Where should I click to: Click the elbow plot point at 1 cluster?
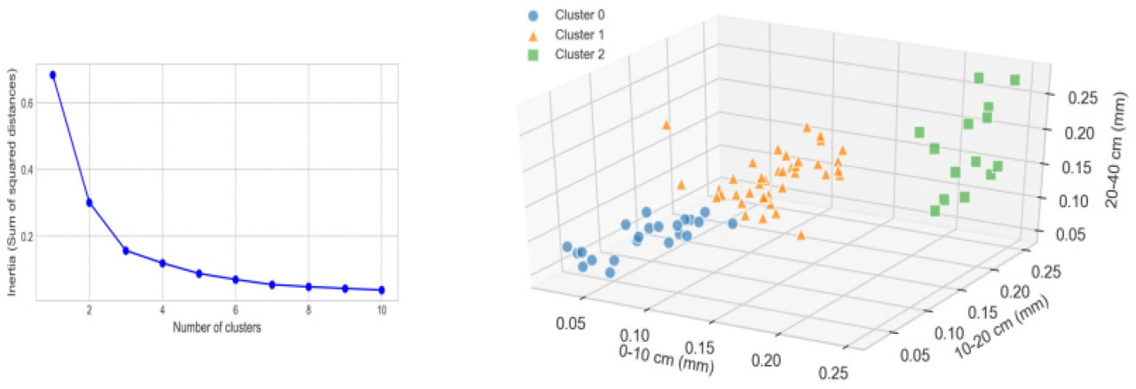pyautogui.click(x=52, y=75)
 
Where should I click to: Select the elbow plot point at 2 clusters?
pyautogui.click(x=89, y=202)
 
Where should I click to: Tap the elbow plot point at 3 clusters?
pyautogui.click(x=126, y=250)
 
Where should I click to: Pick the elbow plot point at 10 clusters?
pyautogui.click(x=382, y=290)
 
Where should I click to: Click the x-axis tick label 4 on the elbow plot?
pyautogui.click(x=162, y=310)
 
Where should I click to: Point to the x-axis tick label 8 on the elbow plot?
pyautogui.click(x=308, y=310)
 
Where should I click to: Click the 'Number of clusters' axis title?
pyautogui.click(x=217, y=326)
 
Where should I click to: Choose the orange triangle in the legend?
pyautogui.click(x=532, y=36)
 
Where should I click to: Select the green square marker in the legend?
pyautogui.click(x=532, y=55)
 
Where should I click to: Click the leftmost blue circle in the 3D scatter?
pyautogui.click(x=566, y=247)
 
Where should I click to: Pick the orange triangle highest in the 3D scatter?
pyautogui.click(x=666, y=125)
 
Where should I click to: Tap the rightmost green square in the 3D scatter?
pyautogui.click(x=1014, y=80)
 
